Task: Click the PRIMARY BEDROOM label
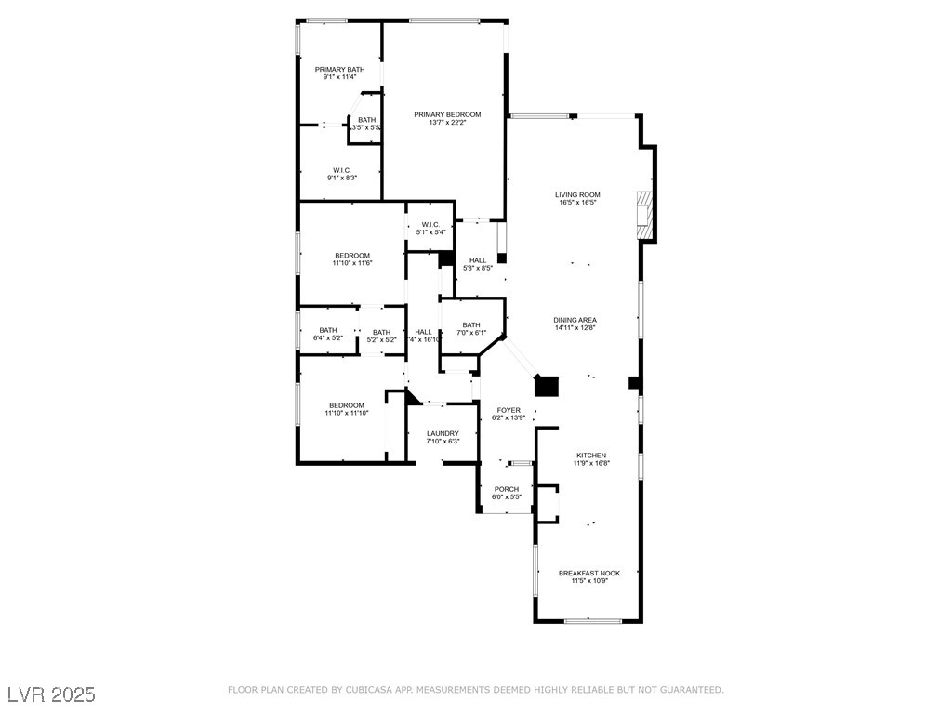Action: click(447, 114)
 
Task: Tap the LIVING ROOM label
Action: click(576, 195)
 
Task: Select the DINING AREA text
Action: click(575, 320)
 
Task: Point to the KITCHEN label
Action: click(590, 456)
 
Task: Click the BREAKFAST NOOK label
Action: click(588, 574)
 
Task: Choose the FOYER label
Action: click(509, 410)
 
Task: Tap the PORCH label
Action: click(507, 489)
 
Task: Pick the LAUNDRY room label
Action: click(443, 433)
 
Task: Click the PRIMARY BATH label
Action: click(339, 70)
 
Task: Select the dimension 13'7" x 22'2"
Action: click(447, 123)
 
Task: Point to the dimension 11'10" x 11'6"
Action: click(352, 263)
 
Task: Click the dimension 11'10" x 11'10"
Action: click(347, 413)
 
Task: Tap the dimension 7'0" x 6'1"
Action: click(471, 333)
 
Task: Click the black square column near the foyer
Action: click(546, 386)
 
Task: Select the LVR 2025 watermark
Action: click(52, 694)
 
